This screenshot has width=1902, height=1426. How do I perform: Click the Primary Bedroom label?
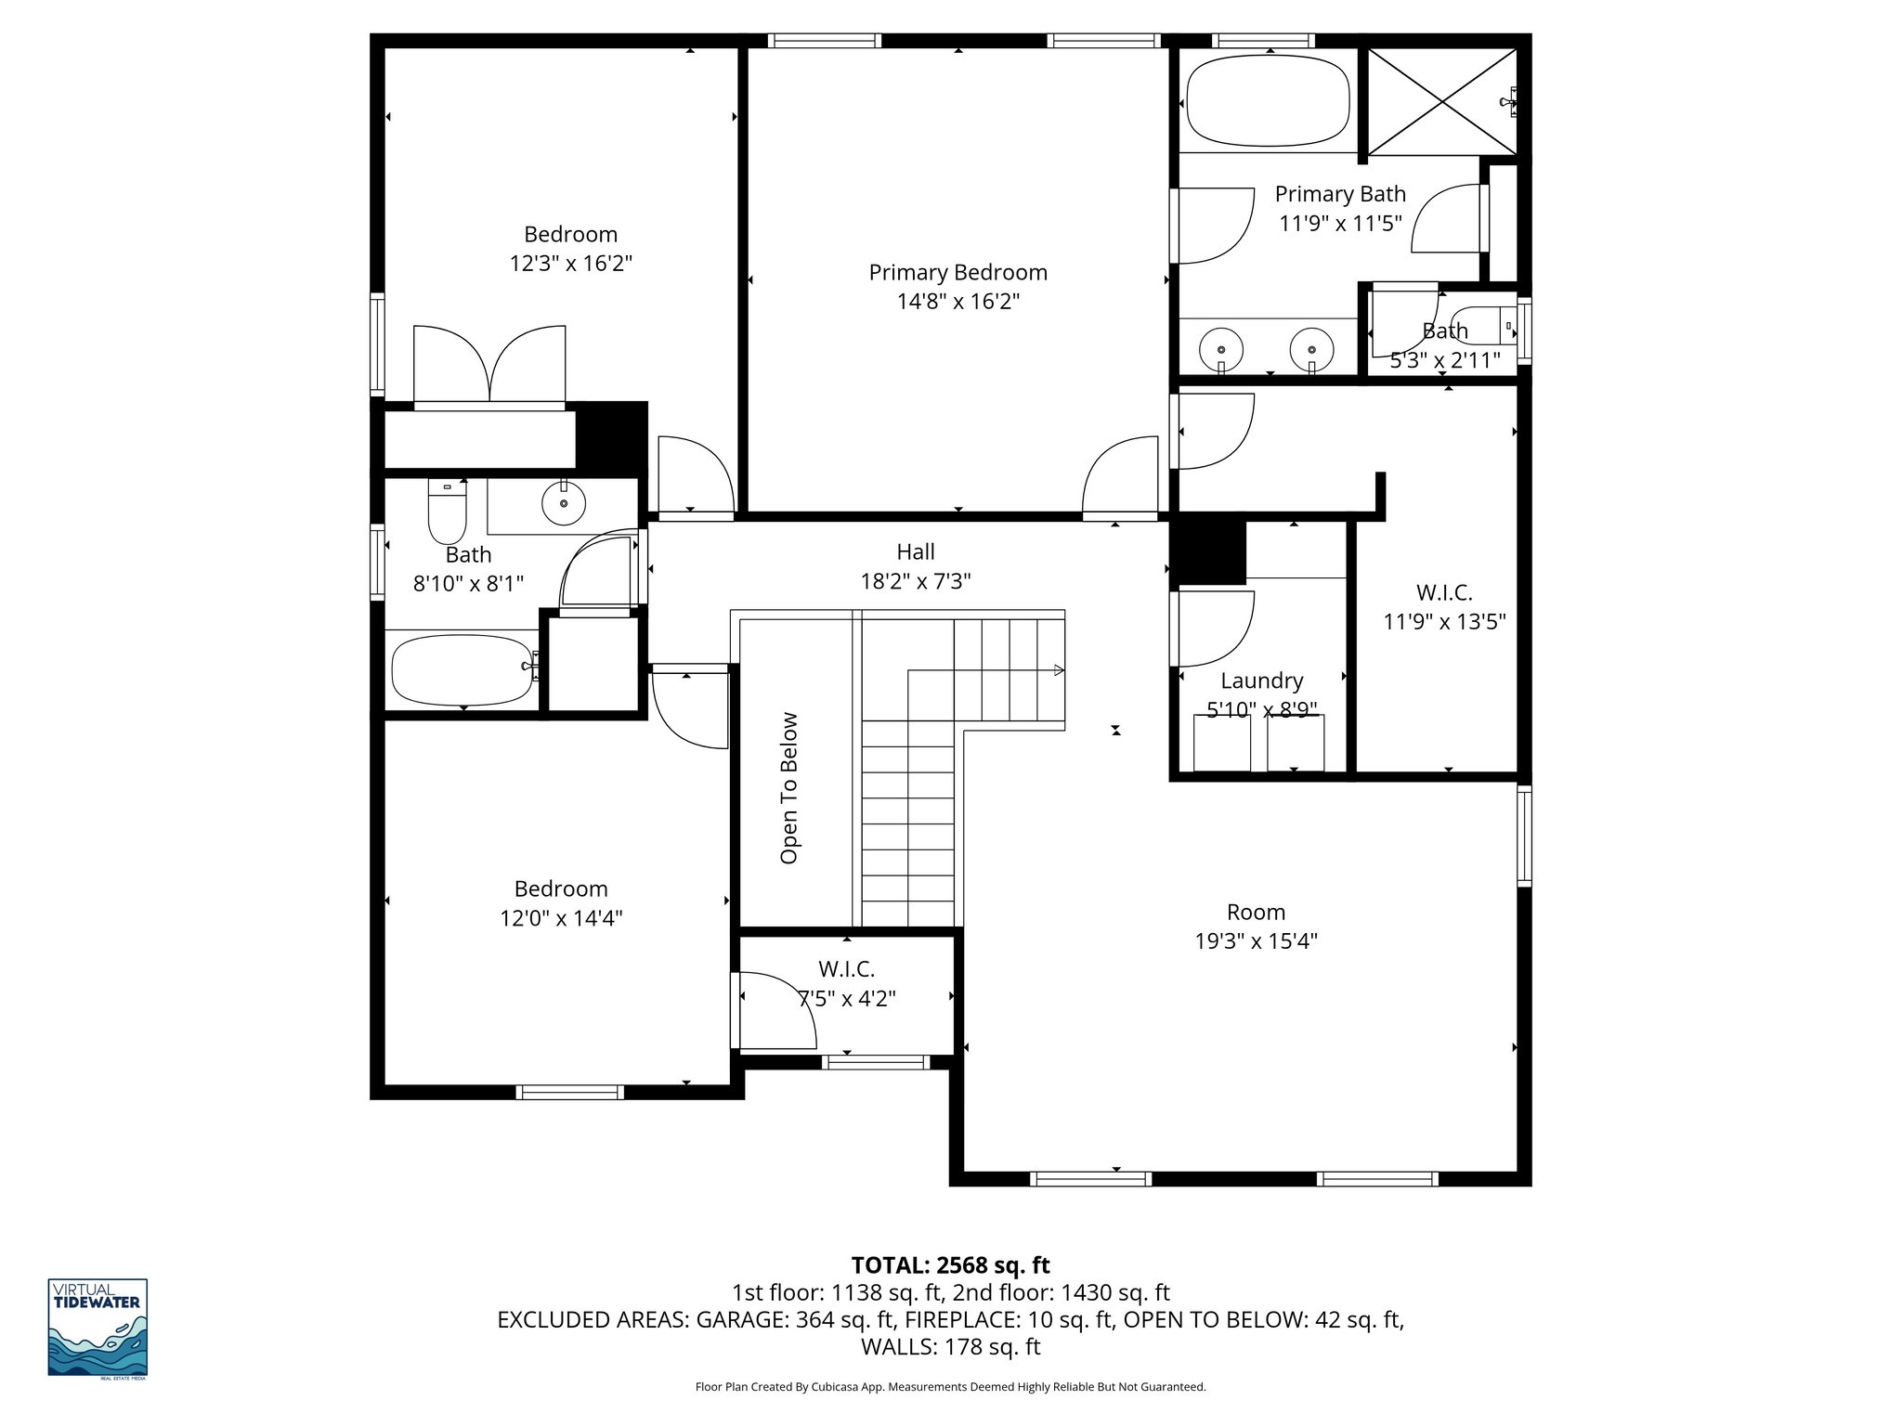click(x=958, y=272)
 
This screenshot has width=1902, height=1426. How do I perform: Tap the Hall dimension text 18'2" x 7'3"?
click(x=915, y=581)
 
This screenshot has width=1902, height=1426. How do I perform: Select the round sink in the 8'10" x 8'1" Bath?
click(x=563, y=502)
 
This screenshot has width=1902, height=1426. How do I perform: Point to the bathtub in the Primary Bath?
click(x=1268, y=102)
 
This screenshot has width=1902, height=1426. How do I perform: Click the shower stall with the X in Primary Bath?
click(x=1441, y=102)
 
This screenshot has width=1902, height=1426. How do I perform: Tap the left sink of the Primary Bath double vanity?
click(x=1221, y=349)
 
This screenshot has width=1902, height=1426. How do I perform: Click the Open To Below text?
click(x=789, y=787)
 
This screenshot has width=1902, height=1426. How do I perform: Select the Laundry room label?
click(x=1261, y=681)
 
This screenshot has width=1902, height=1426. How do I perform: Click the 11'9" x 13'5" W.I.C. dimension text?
click(x=1444, y=621)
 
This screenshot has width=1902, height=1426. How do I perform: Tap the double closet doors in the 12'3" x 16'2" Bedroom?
click(x=489, y=365)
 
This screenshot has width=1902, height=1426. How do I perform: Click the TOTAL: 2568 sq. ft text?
click(x=950, y=1264)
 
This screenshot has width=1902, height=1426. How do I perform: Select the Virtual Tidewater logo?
click(x=98, y=1327)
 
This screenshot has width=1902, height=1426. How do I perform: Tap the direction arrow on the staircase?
click(x=1058, y=670)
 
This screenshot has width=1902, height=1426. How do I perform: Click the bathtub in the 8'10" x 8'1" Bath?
click(x=462, y=669)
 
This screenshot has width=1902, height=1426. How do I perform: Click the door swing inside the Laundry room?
click(x=1213, y=629)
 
